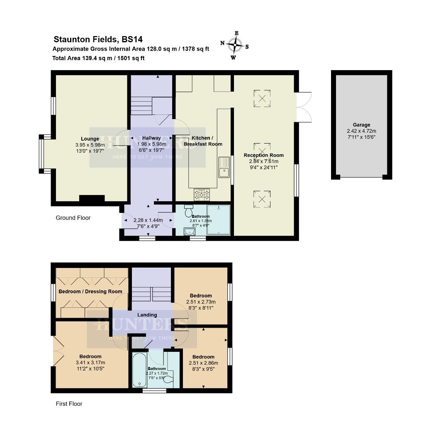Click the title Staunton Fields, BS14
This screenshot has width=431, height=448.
(98, 40)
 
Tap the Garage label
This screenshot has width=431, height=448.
(361, 125)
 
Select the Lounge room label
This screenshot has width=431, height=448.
(90, 139)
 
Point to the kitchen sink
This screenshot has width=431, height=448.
(224, 166)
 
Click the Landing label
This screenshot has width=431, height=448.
(147, 315)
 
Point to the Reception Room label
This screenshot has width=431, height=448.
(264, 155)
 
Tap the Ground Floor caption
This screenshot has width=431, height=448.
(73, 218)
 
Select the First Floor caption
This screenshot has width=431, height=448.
(69, 404)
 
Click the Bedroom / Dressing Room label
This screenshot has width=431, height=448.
(90, 291)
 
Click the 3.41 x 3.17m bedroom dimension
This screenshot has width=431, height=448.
(90, 363)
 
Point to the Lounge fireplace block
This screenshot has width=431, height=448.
(92, 199)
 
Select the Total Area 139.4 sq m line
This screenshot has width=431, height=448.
(98, 58)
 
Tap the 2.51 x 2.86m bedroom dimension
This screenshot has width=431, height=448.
(203, 363)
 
